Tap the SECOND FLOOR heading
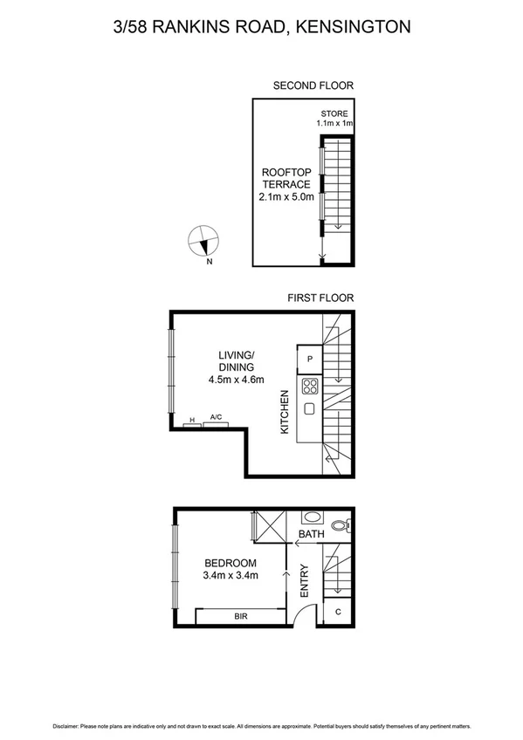coord(313,86)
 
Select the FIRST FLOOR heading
coord(320,298)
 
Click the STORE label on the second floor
coord(334,113)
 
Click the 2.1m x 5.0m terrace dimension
coord(286,197)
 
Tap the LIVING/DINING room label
coord(236,361)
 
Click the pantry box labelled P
coord(310,359)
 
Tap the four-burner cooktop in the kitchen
coord(310,386)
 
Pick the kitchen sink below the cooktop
coord(310,409)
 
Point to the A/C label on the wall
coord(216,419)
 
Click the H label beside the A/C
coord(190,420)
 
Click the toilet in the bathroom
coord(348,524)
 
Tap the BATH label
coord(312,533)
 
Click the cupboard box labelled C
coord(338,613)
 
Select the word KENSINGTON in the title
coord(353,27)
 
